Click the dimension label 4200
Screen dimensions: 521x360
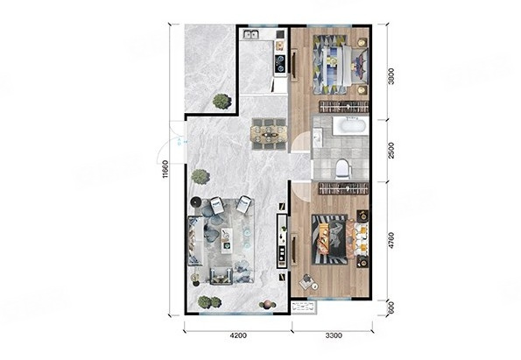point(238,335)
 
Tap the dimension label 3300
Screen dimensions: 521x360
point(334,335)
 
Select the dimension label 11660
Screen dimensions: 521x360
point(165,169)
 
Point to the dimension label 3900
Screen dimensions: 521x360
point(391,76)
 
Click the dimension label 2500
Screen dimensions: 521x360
point(391,151)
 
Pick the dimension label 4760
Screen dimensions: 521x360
point(391,240)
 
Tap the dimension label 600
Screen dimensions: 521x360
point(391,307)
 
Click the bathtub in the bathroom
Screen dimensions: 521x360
point(349,126)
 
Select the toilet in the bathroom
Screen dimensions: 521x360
point(343,168)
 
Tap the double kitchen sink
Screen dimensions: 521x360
point(251,34)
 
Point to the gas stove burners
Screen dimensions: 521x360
point(281,63)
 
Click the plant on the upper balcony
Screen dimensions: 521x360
point(222,101)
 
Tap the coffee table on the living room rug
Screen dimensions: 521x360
point(227,241)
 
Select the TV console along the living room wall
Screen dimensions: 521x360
point(282,241)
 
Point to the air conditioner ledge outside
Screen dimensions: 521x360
point(304,307)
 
